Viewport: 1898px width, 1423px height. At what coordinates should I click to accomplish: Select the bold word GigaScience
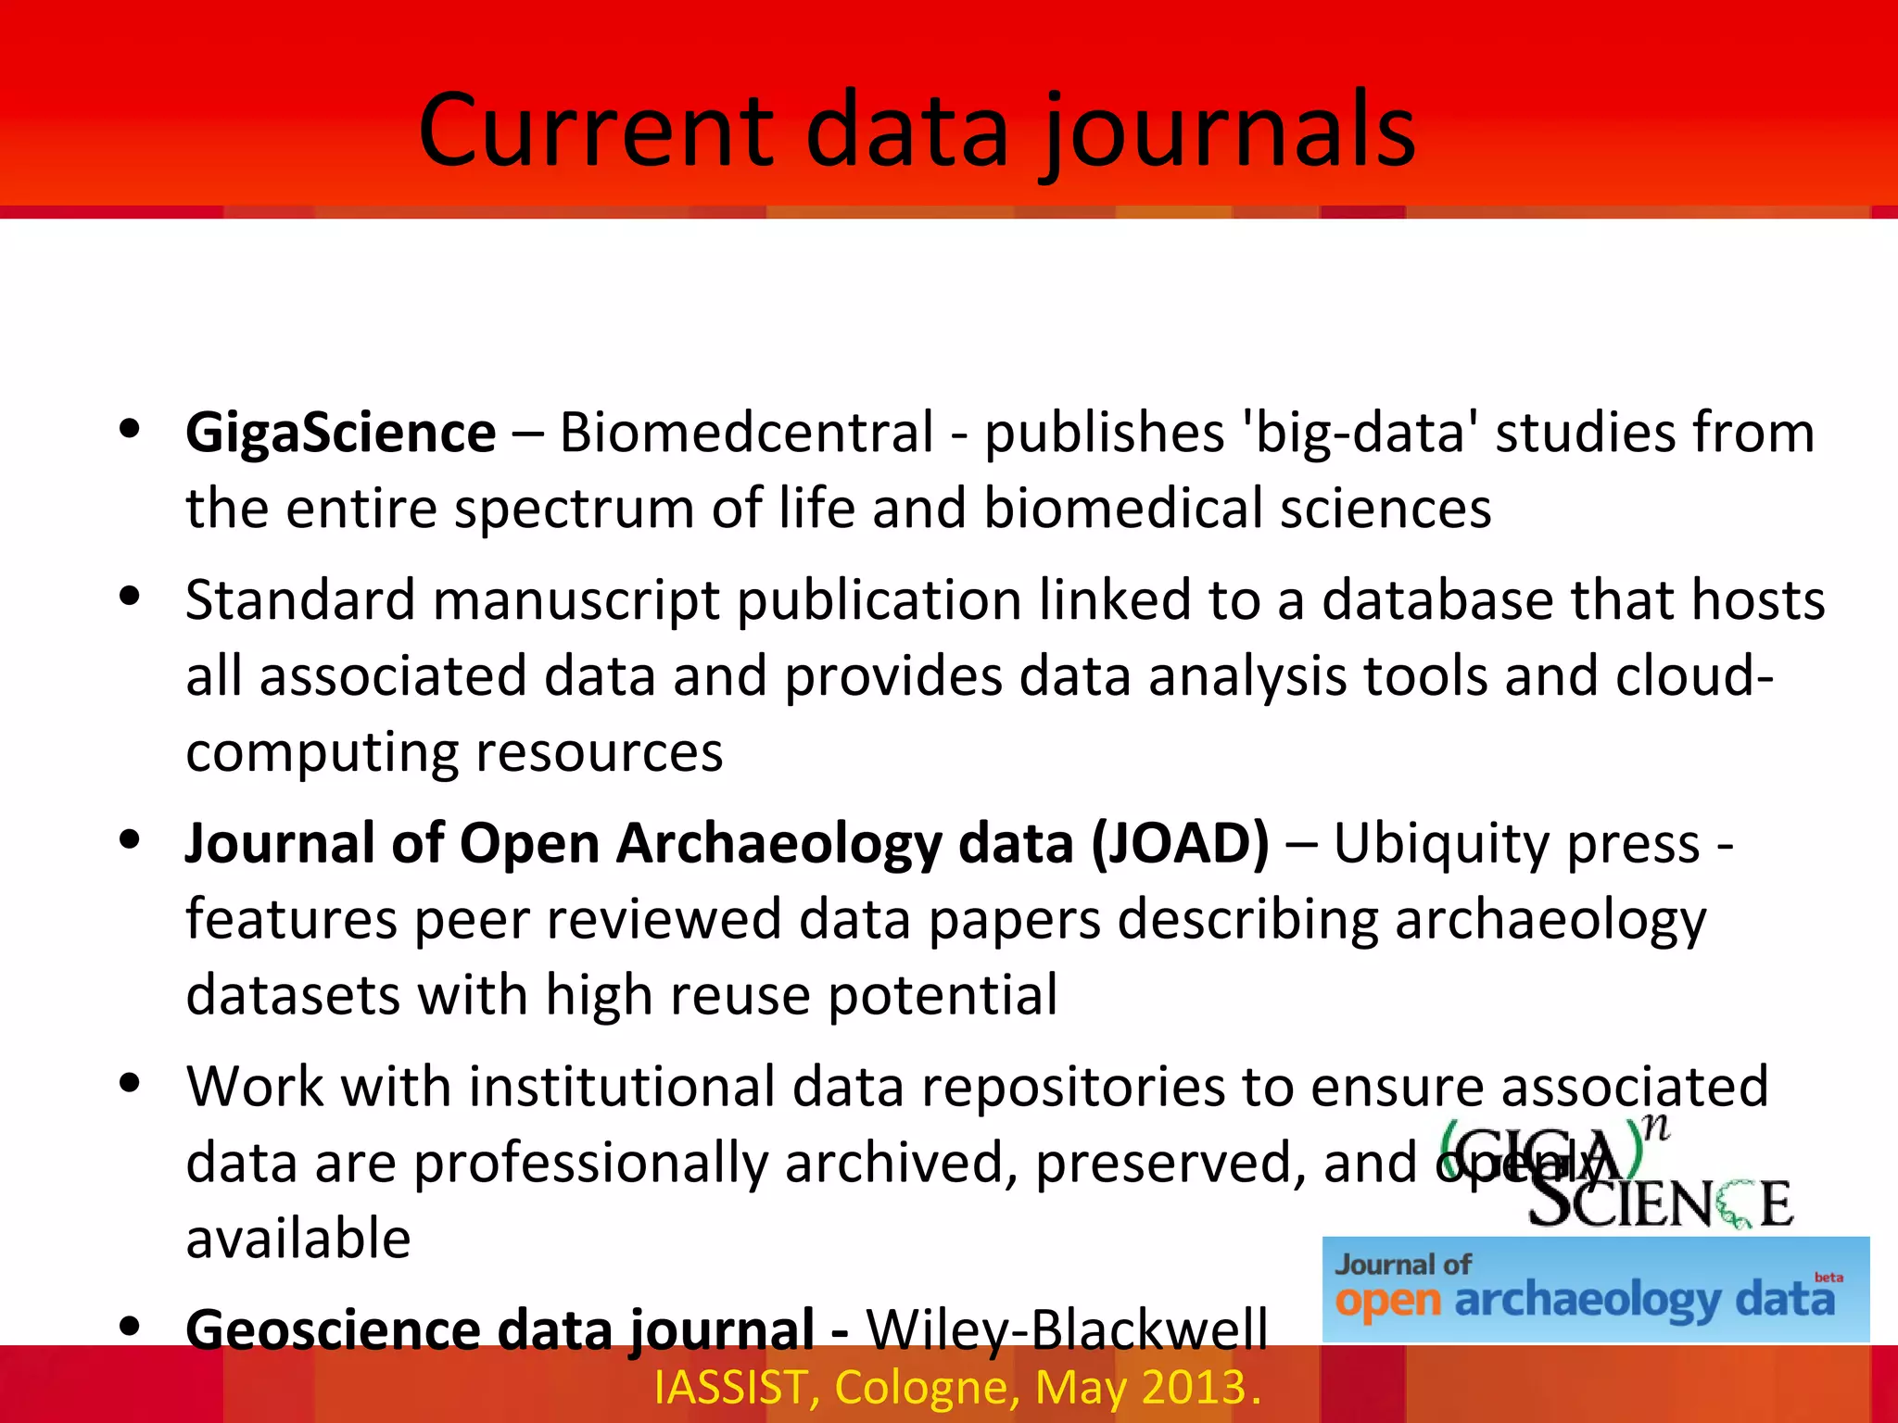pyautogui.click(x=340, y=434)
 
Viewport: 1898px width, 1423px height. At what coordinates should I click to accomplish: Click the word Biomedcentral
pyautogui.click(x=746, y=433)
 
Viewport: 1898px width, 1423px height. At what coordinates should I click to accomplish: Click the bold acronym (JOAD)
pyautogui.click(x=1179, y=844)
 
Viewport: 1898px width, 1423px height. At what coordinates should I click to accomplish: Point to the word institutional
pyautogui.click(x=621, y=1087)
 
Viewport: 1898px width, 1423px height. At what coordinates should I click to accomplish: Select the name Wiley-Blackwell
pyautogui.click(x=1066, y=1329)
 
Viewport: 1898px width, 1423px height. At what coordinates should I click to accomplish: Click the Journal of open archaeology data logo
pyautogui.click(x=1594, y=1290)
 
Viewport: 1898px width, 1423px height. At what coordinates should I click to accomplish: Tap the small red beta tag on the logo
pyautogui.click(x=1828, y=1278)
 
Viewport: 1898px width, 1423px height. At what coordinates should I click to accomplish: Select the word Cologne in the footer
pyautogui.click(x=927, y=1388)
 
